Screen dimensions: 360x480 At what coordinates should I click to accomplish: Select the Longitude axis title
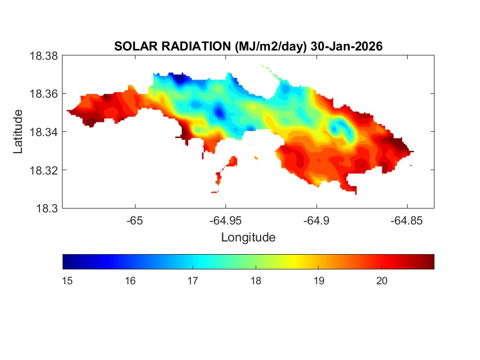coord(248,238)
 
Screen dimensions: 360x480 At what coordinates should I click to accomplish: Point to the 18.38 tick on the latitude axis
coord(44,55)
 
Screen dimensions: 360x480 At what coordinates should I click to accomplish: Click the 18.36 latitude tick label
coord(44,94)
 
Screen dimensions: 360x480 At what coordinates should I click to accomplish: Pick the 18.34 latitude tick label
coord(44,132)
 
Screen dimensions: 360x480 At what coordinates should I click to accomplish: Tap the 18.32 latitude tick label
coord(44,170)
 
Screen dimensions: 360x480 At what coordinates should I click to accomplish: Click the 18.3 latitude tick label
coord(47,208)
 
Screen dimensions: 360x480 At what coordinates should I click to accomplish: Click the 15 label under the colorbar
coord(68,281)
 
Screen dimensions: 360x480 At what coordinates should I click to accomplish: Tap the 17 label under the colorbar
coord(192,281)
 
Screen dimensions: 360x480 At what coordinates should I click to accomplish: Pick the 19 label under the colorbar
coord(319,281)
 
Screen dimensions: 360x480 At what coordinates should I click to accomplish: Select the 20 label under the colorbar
coord(382,281)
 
